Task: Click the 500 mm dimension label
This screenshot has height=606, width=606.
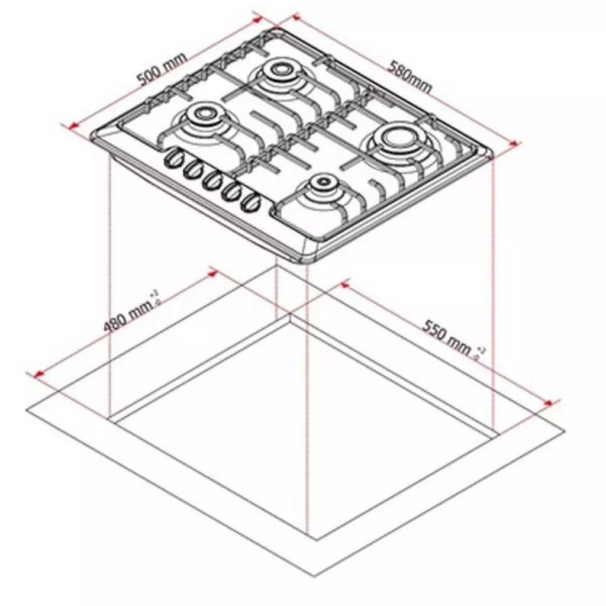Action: click(161, 69)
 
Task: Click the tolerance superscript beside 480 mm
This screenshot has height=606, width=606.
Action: click(156, 296)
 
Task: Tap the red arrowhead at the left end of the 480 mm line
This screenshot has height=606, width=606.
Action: click(38, 375)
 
